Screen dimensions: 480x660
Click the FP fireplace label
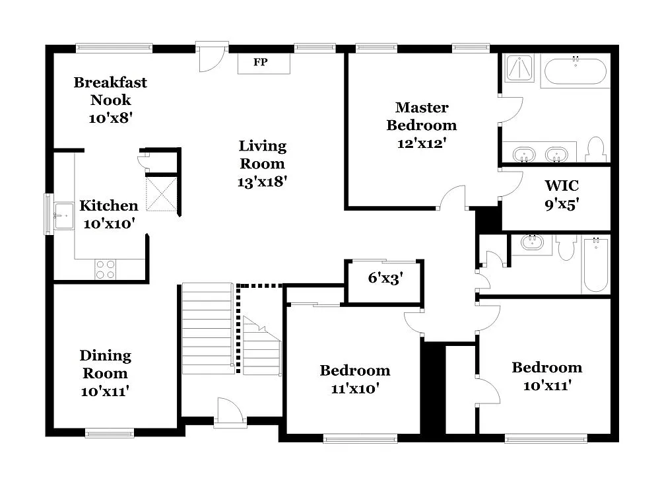(262, 63)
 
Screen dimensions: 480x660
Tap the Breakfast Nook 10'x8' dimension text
(110, 118)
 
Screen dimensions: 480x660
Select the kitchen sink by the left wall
(65, 213)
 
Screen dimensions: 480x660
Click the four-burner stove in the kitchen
(106, 269)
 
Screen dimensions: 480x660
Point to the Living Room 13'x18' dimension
(262, 181)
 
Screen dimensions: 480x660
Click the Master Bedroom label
(421, 116)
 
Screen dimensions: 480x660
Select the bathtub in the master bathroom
(575, 71)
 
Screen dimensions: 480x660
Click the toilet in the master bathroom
(595, 150)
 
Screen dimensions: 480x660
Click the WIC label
(562, 186)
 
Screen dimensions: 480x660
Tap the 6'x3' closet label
(385, 278)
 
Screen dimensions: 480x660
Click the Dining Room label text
(105, 364)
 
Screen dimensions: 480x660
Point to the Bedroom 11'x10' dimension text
(354, 389)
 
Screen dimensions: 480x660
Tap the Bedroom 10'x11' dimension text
(546, 385)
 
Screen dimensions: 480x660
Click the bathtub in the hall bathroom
(595, 265)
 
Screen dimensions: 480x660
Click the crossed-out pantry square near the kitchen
(162, 194)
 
